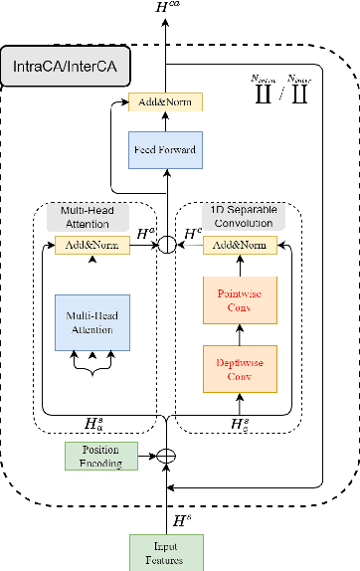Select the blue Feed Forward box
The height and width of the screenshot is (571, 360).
click(x=165, y=149)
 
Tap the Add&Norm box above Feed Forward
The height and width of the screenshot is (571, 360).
click(x=165, y=102)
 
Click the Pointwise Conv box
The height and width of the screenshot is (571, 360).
click(x=239, y=301)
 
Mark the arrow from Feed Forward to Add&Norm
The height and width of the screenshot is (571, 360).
click(x=165, y=121)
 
